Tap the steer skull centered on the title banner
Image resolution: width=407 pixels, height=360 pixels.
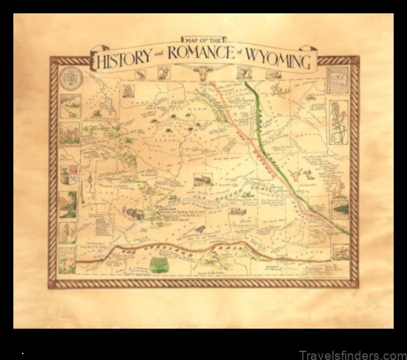coord(202,72)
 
